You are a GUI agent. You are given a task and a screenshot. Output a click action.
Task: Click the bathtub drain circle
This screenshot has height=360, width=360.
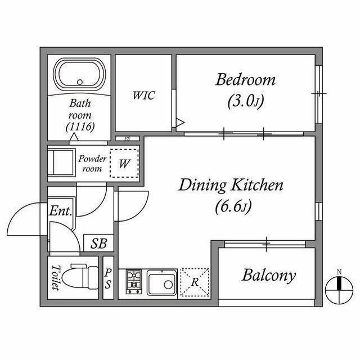[80, 82]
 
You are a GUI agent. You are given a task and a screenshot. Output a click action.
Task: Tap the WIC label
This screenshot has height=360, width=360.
[144, 95]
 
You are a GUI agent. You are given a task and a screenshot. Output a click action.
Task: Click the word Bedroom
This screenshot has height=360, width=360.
[245, 79]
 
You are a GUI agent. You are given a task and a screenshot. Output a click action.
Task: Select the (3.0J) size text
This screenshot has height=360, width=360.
[245, 101]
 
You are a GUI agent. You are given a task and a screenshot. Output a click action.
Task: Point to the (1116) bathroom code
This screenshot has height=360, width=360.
[80, 127]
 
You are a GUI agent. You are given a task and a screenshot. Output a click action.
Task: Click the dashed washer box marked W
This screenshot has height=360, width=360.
[124, 163]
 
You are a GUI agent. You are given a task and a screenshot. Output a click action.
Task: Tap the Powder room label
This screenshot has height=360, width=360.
[92, 163]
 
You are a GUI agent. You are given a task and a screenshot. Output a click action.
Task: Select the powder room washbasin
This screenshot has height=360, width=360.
[61, 163]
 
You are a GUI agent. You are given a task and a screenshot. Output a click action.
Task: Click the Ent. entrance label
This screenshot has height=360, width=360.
[60, 210]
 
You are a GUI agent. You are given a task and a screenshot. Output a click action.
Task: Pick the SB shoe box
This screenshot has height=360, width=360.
[99, 243]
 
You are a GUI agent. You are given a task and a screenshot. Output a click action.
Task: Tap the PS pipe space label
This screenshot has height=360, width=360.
[108, 278]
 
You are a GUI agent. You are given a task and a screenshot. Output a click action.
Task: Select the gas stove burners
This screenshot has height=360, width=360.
[134, 282]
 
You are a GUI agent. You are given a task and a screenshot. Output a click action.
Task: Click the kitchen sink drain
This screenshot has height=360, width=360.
[168, 285]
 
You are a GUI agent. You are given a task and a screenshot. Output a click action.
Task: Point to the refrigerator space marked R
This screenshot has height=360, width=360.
[195, 282]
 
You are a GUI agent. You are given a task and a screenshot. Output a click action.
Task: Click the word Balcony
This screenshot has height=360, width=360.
[269, 275]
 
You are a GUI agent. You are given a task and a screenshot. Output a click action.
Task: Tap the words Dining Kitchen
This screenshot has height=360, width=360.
[231, 185]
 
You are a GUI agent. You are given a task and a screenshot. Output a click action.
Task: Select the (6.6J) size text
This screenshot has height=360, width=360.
[233, 206]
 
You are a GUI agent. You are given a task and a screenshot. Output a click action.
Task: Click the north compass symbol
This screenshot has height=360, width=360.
[339, 290]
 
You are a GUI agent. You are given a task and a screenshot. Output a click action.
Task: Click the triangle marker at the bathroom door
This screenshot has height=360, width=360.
[74, 137]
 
